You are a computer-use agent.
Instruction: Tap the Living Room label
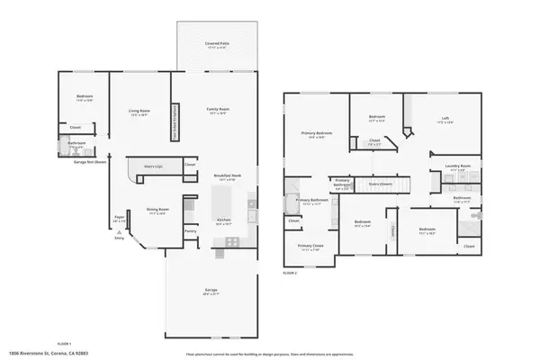pyautogui.click(x=139, y=112)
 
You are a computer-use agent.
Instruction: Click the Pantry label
pyautogui.click(x=190, y=231)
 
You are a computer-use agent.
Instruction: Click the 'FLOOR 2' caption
pyautogui.click(x=290, y=271)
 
